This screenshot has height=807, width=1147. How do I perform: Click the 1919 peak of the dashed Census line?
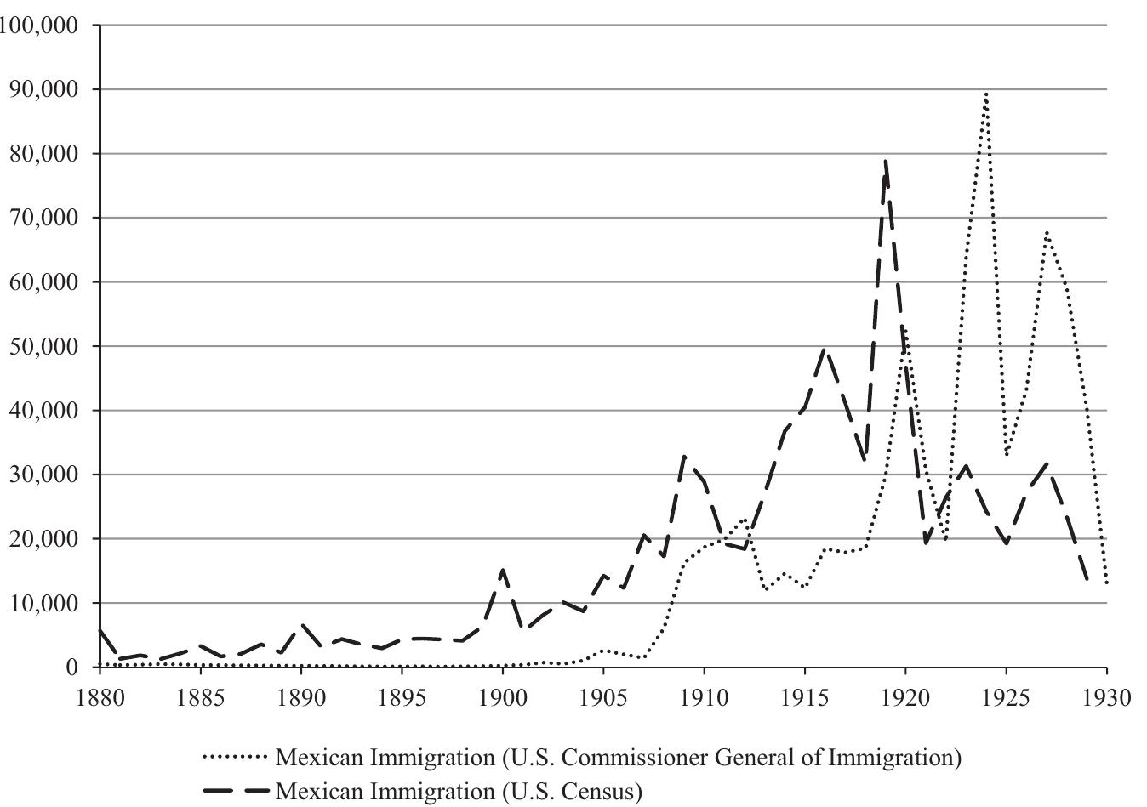(x=885, y=160)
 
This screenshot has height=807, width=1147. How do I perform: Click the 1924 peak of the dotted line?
(x=985, y=94)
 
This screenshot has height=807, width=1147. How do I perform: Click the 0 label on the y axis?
(x=72, y=668)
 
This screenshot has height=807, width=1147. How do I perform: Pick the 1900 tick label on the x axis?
(x=502, y=698)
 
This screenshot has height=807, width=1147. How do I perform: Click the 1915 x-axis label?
(x=804, y=698)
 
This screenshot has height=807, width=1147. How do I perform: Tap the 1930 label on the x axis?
(x=1106, y=698)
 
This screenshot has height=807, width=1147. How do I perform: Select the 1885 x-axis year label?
(x=200, y=698)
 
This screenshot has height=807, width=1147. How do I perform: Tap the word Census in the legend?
(x=595, y=792)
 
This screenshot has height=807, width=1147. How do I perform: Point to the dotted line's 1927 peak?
(x=1046, y=232)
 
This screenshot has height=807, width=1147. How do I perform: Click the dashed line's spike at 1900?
(x=503, y=571)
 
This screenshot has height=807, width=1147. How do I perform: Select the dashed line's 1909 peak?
(x=684, y=457)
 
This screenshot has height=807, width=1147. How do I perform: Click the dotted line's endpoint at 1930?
(x=1106, y=583)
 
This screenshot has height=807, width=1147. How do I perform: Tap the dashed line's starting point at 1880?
(x=100, y=630)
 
